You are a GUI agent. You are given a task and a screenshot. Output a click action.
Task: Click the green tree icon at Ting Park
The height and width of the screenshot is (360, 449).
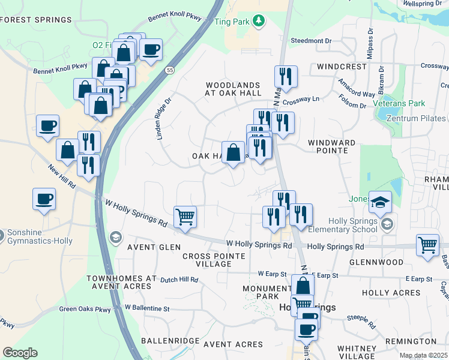point(259,22)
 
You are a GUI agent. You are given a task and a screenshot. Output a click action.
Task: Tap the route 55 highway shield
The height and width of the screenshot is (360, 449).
point(170,70)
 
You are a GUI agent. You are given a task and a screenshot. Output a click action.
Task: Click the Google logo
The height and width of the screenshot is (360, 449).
point(20,353)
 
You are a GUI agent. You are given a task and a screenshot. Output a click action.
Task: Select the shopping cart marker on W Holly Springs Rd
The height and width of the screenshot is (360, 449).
point(185,217)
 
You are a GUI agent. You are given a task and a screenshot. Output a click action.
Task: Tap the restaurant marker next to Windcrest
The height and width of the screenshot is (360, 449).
point(285,76)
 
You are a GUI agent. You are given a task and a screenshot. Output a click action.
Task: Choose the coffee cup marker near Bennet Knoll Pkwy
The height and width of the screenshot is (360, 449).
point(151,49)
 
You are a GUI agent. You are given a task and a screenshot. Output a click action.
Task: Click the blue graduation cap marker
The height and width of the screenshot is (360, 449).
point(380,202)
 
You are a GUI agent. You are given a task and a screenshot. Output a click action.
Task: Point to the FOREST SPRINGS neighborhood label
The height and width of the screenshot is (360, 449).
point(36,20)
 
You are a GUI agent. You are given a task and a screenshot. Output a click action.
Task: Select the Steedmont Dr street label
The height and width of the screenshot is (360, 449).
point(311,41)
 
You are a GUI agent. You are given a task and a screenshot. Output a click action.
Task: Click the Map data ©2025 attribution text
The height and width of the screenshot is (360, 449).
point(423,355)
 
